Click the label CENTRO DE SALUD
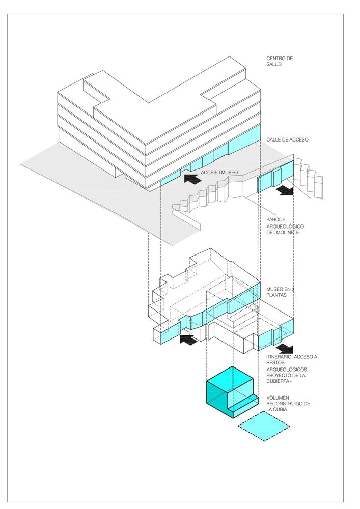280,62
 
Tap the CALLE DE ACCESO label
287,139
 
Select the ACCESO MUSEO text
219,173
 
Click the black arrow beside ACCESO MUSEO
191,179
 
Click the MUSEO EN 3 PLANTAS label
281,292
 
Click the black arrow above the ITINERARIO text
285,348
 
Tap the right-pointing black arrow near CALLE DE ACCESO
286,190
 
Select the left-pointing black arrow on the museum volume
188,339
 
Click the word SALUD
275,65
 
